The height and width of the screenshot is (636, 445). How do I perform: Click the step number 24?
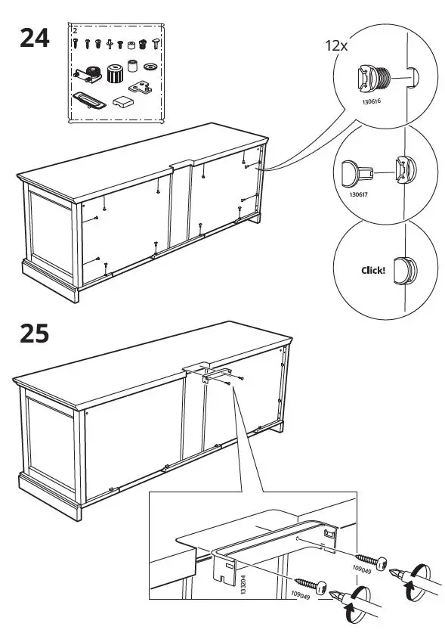click(x=33, y=37)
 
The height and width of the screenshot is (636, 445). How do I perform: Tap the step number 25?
click(x=33, y=334)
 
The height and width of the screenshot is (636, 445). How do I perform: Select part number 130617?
click(x=359, y=194)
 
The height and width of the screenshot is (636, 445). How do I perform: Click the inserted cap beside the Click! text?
click(x=405, y=269)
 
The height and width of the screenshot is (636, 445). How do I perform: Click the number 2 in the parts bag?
click(x=75, y=32)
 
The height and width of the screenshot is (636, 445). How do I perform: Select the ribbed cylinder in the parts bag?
click(x=116, y=74)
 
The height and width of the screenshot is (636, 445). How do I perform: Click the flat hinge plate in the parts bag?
click(x=141, y=88)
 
